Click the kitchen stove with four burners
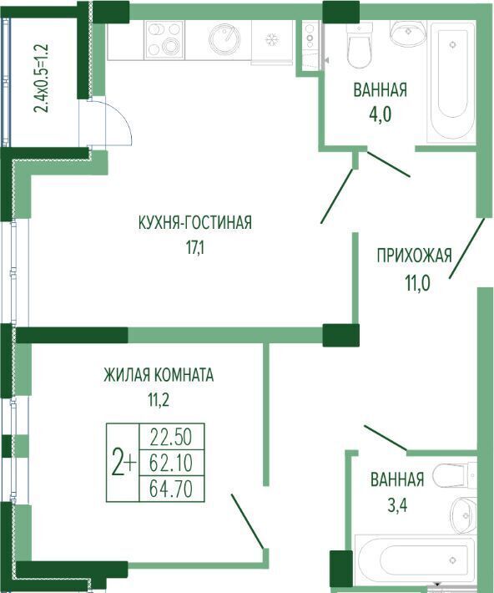click(164, 39)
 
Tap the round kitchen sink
click(224, 38)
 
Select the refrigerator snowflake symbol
click(270, 39)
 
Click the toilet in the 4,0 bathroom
click(360, 45)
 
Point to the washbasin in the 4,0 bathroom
click(407, 33)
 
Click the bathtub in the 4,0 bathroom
click(452, 81)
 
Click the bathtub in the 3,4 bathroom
click(415, 560)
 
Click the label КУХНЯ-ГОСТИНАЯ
click(195, 222)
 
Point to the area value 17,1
click(194, 248)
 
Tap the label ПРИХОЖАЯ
click(414, 256)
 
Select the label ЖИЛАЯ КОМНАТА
click(159, 375)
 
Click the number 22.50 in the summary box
click(171, 437)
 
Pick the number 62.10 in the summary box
click(171, 463)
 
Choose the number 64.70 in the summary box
click(171, 489)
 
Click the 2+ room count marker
click(123, 463)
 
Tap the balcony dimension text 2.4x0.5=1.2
click(41, 79)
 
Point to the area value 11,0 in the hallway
click(418, 284)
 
